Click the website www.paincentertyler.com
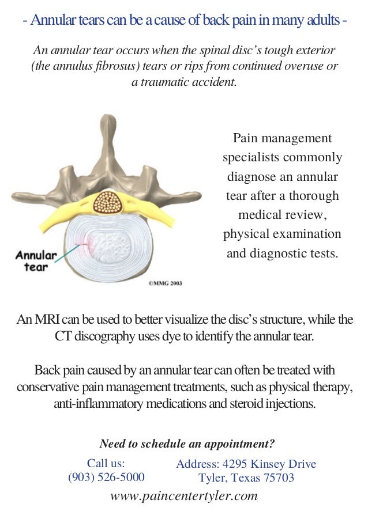pyautogui.click(x=183, y=495)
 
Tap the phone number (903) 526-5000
pyautogui.click(x=106, y=477)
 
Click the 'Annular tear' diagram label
pyautogui.click(x=36, y=261)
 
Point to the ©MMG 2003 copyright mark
pyautogui.click(x=165, y=283)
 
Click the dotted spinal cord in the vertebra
pyautogui.click(x=106, y=204)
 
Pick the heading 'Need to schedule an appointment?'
pyautogui.click(x=187, y=444)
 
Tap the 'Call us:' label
pyautogui.click(x=106, y=463)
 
